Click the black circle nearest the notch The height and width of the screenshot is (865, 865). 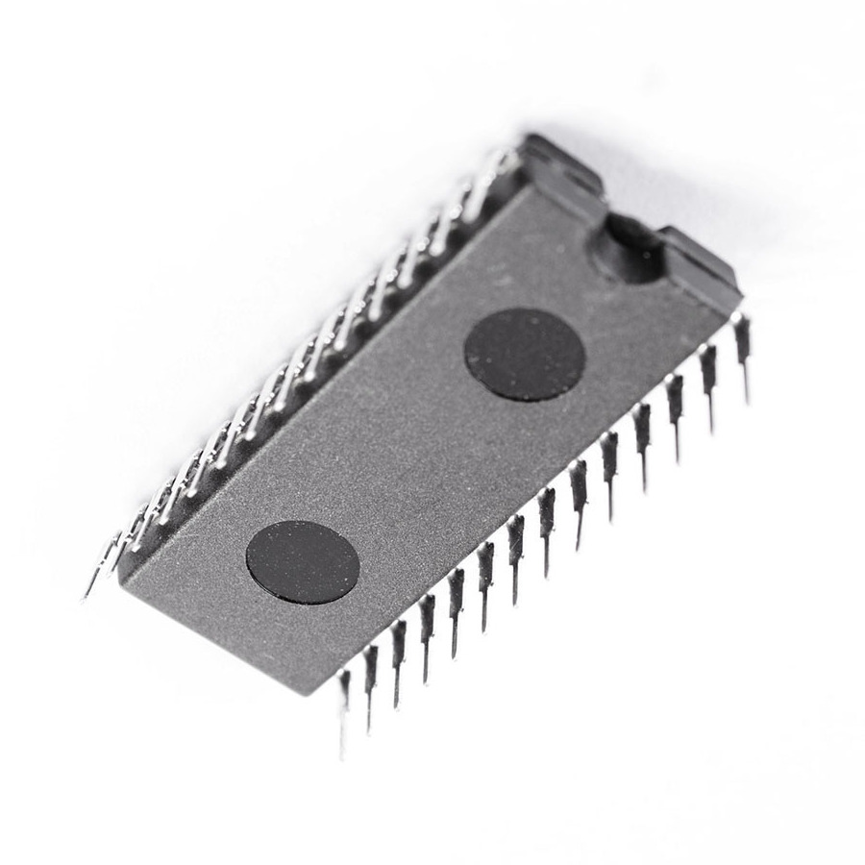click(x=525, y=354)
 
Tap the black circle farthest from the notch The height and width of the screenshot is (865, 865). click(x=303, y=562)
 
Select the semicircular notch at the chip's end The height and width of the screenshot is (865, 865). click(x=630, y=248)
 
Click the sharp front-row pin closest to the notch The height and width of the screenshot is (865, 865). click(x=742, y=346)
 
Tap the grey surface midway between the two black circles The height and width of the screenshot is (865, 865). click(x=413, y=459)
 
